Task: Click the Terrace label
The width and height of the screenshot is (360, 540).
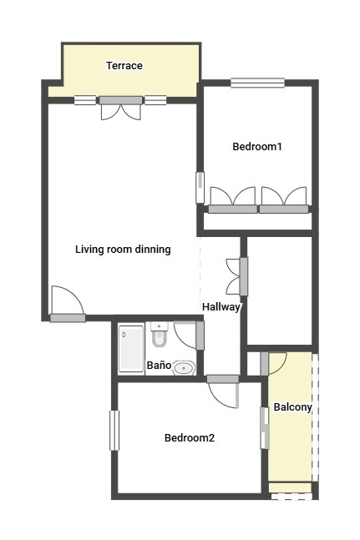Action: pyautogui.click(x=124, y=65)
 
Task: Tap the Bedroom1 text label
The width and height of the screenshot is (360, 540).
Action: pyautogui.click(x=257, y=146)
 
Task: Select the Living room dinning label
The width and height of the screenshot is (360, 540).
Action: pyautogui.click(x=123, y=249)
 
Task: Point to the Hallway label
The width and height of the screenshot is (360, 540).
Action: pyautogui.click(x=221, y=307)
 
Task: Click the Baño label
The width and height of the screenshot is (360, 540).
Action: pyautogui.click(x=159, y=365)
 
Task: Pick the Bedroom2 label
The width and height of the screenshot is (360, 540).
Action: pyautogui.click(x=190, y=437)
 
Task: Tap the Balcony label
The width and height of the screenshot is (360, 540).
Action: pyautogui.click(x=293, y=407)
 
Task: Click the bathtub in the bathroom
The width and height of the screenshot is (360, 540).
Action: pyautogui.click(x=131, y=349)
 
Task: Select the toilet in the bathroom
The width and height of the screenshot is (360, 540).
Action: pyautogui.click(x=159, y=335)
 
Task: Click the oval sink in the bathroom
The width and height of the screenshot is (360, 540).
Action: pyautogui.click(x=184, y=368)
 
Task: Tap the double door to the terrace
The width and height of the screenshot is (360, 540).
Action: pyautogui.click(x=121, y=109)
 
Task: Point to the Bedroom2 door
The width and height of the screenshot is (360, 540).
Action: pyautogui.click(x=223, y=392)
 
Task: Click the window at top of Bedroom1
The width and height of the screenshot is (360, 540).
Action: pyautogui.click(x=258, y=83)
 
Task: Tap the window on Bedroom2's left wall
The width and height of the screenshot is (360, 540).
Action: pyautogui.click(x=114, y=430)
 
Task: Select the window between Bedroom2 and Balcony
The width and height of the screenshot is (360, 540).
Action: pyautogui.click(x=265, y=428)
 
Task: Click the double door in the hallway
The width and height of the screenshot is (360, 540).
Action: pyautogui.click(x=237, y=276)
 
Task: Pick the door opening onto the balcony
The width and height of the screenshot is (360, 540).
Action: pyautogui.click(x=273, y=364)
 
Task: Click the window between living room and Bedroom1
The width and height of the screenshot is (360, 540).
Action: pyautogui.click(x=200, y=187)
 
